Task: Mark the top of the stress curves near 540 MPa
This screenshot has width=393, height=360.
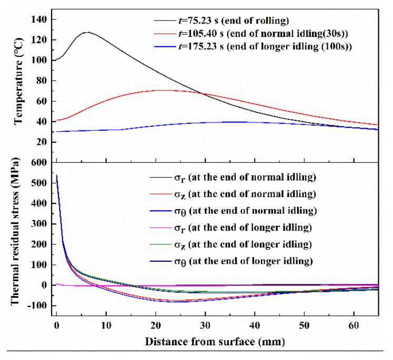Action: coord(57,174)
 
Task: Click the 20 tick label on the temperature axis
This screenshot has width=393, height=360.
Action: coord(42,142)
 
